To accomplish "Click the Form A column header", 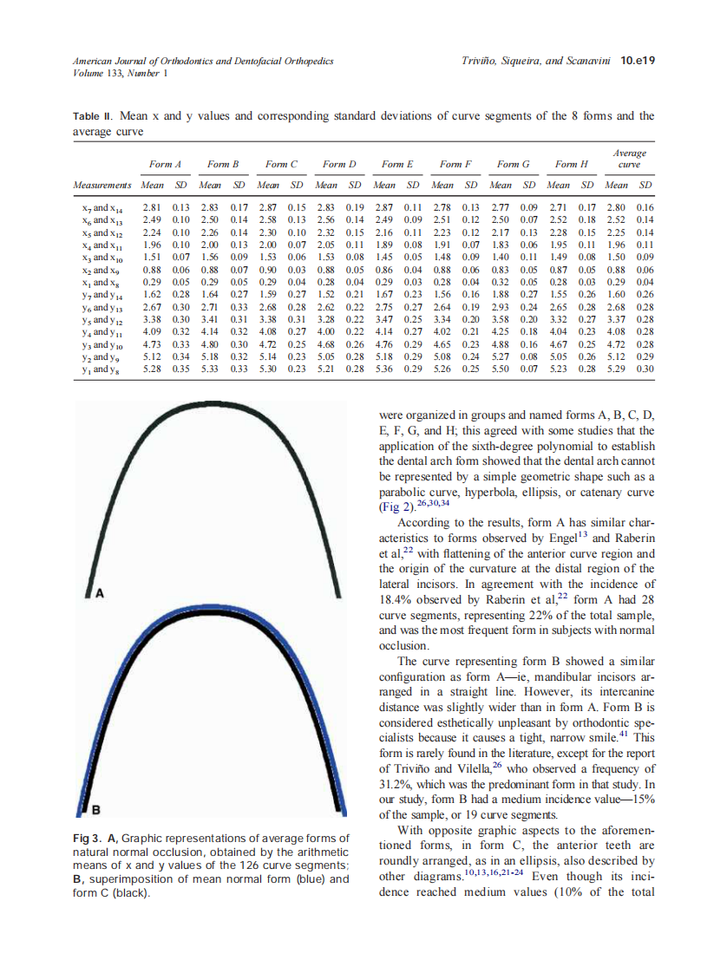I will (165, 164).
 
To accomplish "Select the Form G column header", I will (513, 164).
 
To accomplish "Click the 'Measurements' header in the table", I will (102, 185).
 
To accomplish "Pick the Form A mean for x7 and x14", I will (152, 208).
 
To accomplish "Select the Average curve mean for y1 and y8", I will (616, 369).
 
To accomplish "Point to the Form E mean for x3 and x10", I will (383, 258).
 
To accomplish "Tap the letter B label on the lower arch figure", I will (98, 810).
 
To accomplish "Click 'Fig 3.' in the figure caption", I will (88, 839).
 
